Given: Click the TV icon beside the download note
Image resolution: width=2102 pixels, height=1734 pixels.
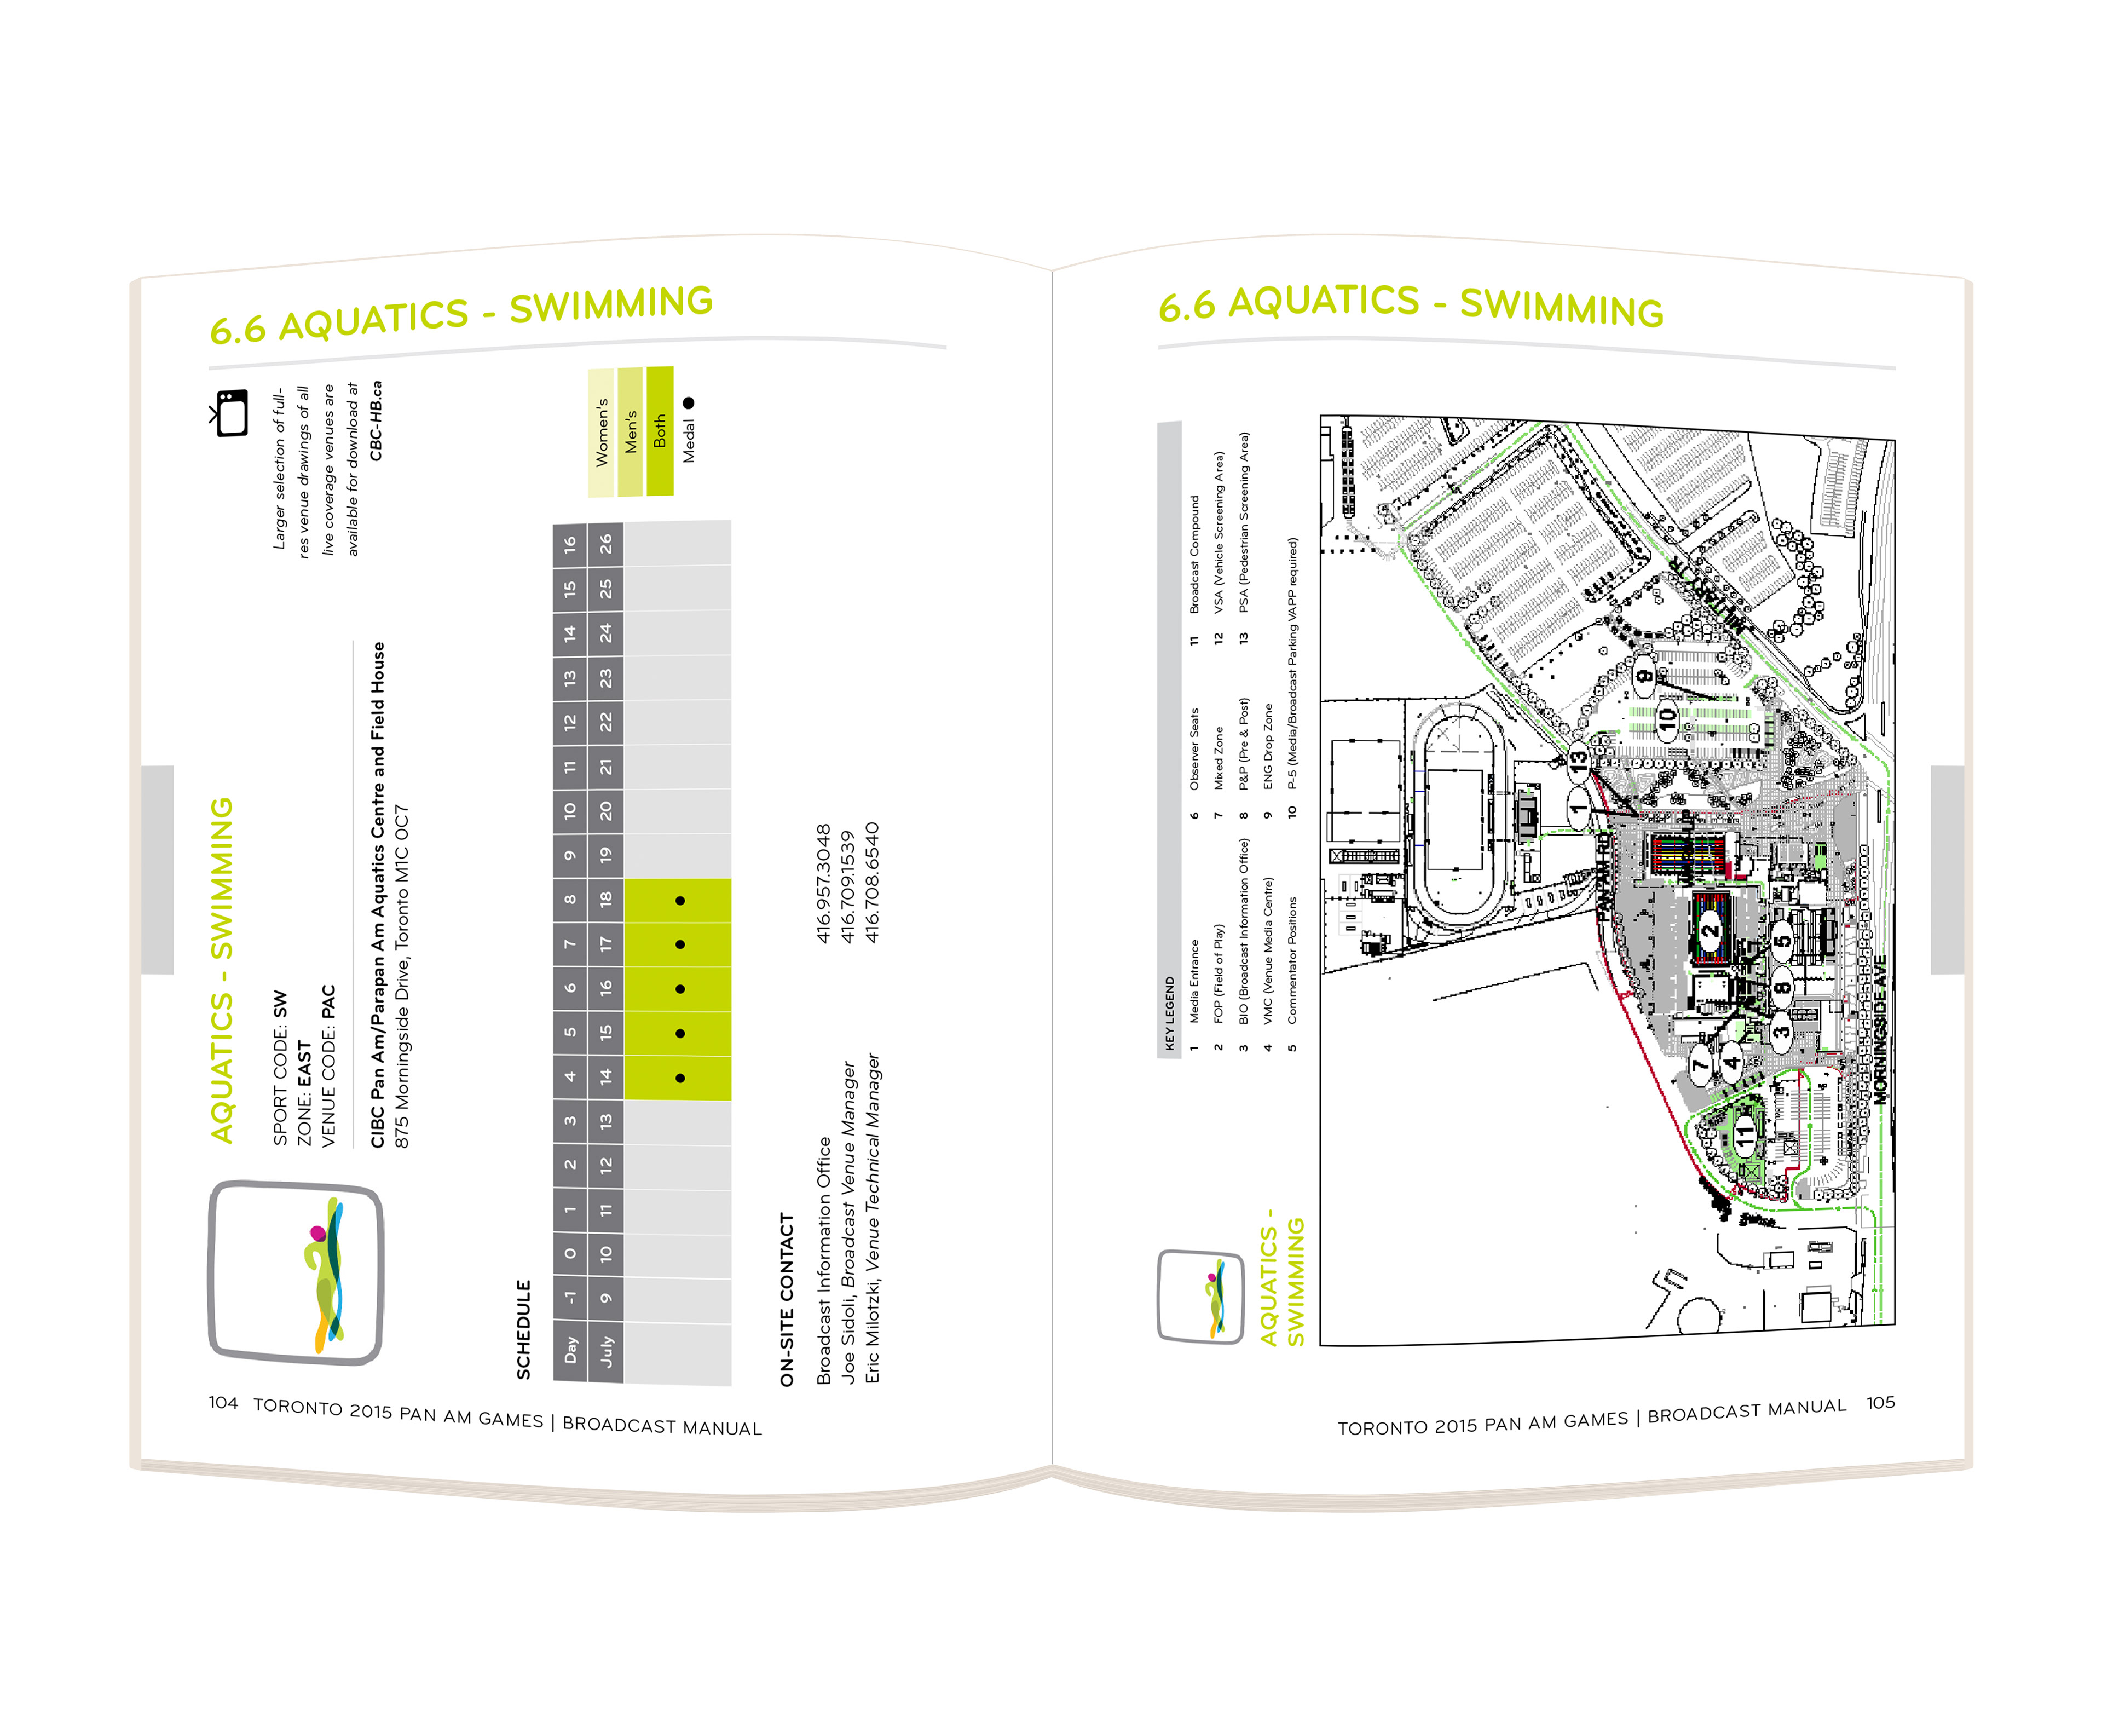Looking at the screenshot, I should click(230, 412).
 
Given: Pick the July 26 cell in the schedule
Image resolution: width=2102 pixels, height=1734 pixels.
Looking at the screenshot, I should click(605, 544).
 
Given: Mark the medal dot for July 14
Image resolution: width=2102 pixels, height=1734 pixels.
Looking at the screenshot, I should click(680, 1078).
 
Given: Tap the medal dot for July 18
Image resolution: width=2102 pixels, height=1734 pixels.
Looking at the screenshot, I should click(680, 901).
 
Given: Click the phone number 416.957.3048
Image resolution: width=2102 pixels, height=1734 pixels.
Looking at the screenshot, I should click(823, 883).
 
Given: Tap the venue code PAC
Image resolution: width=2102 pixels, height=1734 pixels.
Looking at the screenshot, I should click(328, 1002).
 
